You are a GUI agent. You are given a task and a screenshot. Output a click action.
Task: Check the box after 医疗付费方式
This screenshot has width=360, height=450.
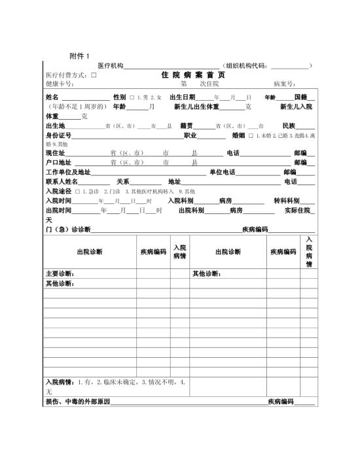pos(94,75)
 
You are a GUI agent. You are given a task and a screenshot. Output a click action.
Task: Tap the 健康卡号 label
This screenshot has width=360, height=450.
pos(60,84)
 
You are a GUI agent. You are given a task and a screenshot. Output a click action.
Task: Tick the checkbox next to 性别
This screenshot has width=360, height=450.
pos(132,97)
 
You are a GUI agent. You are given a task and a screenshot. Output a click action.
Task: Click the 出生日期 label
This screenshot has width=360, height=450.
pos(182,97)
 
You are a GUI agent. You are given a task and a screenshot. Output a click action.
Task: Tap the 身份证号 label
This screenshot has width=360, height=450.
pos(58,135)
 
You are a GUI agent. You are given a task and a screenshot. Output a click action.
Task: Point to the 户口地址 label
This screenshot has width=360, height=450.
pos(58,162)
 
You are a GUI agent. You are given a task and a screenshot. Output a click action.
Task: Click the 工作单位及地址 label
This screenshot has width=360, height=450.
pos(68,172)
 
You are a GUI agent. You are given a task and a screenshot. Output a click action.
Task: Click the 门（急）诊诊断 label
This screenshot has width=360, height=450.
pos(67,230)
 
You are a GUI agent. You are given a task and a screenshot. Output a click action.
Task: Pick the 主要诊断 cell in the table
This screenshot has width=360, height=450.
pos(60,273)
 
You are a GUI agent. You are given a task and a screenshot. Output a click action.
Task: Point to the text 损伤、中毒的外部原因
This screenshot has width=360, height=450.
pos(77,401)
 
